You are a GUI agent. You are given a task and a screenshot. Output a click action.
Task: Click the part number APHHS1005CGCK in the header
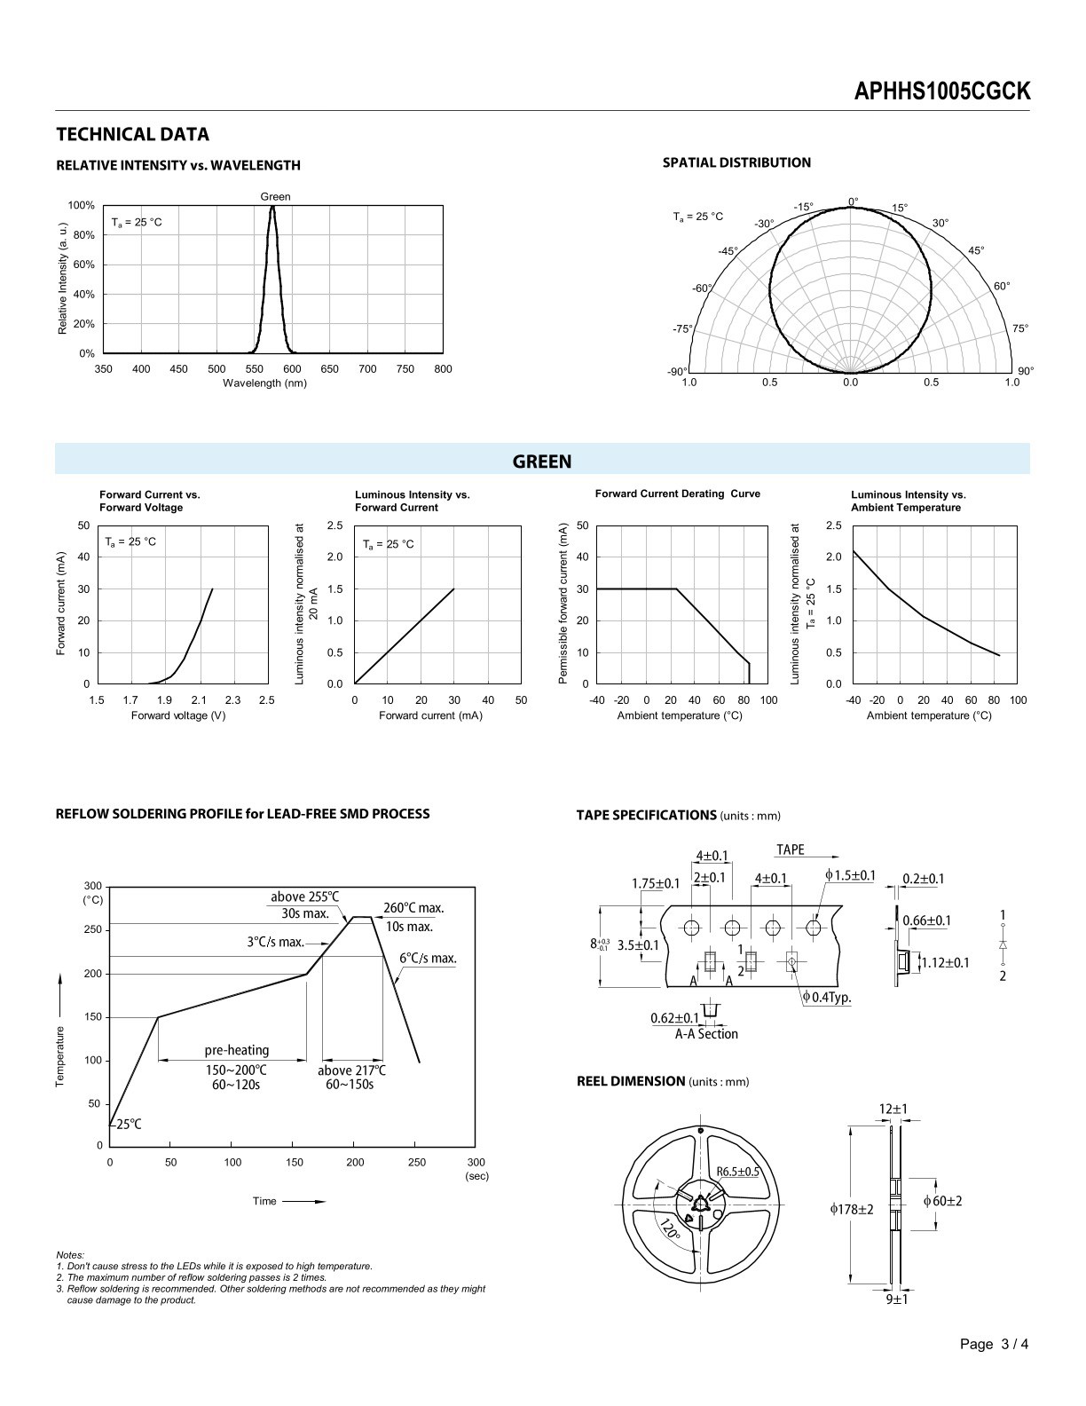pos(941,91)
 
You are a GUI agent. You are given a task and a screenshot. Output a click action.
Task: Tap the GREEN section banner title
pos(542,462)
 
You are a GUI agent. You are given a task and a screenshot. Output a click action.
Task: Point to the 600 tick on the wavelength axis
pos(292,368)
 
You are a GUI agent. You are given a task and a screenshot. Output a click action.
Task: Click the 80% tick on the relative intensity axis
pos(83,235)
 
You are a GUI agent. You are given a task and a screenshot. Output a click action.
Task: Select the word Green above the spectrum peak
pos(276,197)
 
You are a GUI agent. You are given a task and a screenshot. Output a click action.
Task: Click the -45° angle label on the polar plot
pos(728,251)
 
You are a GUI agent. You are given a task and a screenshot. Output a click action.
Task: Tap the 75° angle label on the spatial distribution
pos(1019,328)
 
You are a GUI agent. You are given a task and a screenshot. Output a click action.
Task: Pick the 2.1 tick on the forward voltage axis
pos(199,699)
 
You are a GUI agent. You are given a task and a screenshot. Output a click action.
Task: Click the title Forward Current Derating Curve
pos(677,494)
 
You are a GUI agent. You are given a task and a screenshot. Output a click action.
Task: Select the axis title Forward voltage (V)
pos(178,715)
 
